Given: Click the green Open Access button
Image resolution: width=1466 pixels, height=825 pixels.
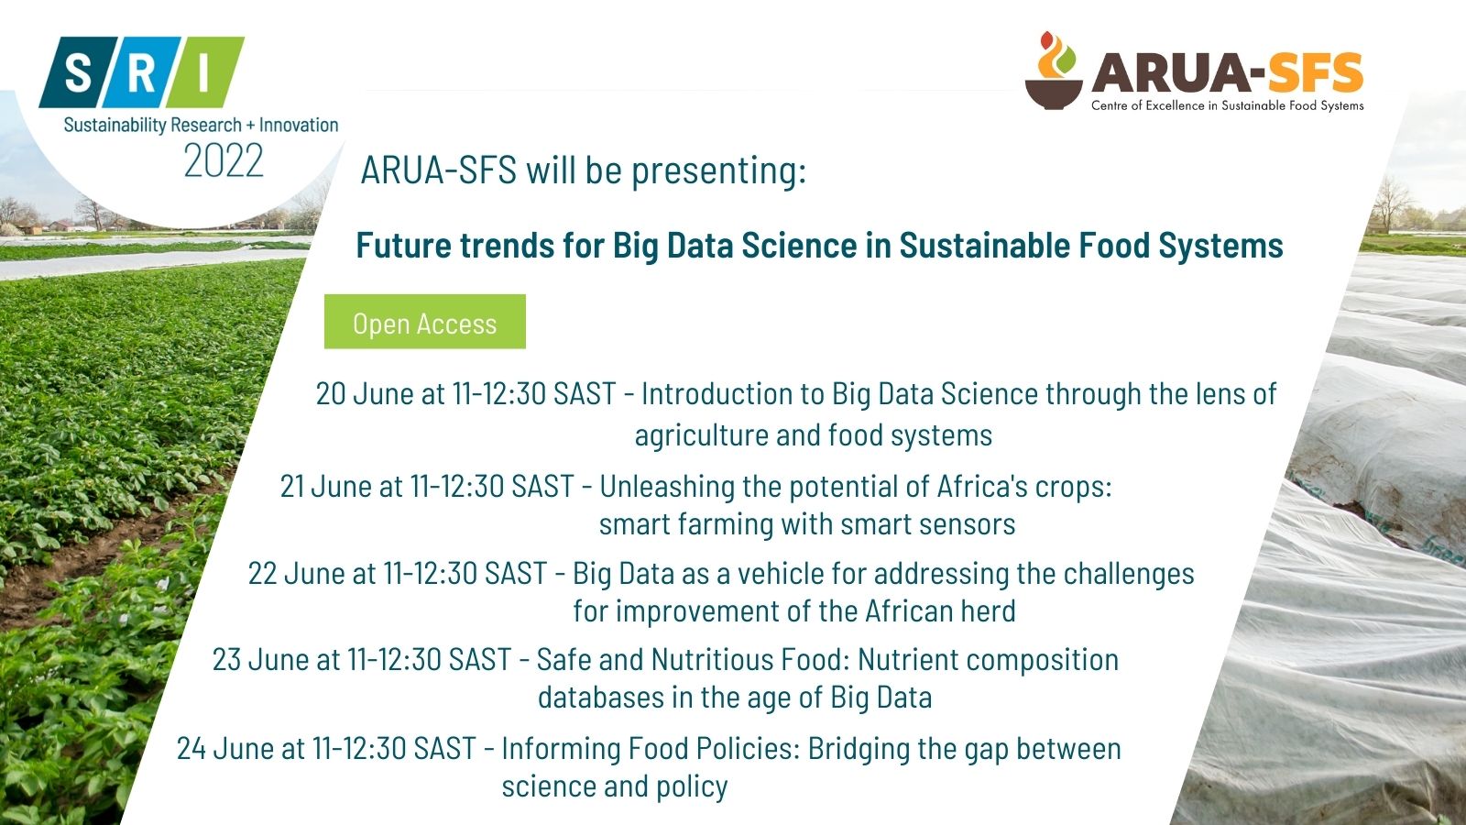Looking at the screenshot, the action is (x=425, y=322).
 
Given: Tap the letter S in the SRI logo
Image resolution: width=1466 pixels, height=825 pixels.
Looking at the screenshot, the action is (x=79, y=72).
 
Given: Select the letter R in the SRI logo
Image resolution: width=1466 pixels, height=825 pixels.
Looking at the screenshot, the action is (x=141, y=72).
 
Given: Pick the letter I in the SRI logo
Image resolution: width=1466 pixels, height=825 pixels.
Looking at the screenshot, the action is (x=203, y=72).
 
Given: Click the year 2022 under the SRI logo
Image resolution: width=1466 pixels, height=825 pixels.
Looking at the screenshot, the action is (x=224, y=160).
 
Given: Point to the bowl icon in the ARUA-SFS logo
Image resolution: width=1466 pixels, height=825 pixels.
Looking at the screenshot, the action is (x=1054, y=93).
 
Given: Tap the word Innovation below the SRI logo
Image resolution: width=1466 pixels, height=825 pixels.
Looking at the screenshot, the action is (x=299, y=125).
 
